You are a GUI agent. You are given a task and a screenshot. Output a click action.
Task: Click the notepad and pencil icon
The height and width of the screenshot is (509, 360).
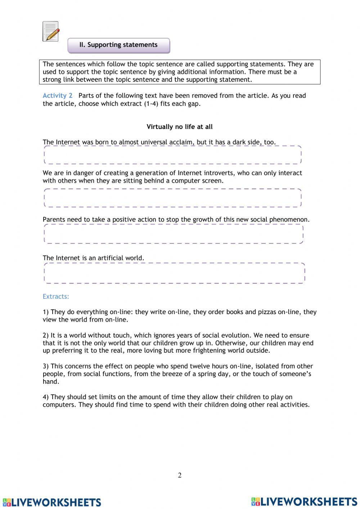click(51, 31)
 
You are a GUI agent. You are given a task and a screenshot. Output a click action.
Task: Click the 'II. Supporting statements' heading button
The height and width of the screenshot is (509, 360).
click(118, 45)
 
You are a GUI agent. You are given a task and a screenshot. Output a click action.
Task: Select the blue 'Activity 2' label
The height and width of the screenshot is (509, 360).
click(58, 95)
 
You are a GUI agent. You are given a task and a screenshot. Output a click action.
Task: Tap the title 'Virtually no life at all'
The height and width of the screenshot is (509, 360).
click(180, 127)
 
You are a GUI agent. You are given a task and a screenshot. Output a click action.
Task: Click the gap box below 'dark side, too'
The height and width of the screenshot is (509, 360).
click(172, 155)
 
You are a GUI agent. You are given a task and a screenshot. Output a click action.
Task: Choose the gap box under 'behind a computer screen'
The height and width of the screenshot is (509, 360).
click(172, 198)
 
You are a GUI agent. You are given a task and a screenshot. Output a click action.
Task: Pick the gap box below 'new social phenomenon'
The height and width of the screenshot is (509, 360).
click(173, 234)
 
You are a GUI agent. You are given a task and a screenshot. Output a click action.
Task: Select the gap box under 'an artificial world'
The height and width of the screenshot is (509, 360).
click(174, 273)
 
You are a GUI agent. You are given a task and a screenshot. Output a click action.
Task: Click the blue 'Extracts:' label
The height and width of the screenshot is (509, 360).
click(56, 296)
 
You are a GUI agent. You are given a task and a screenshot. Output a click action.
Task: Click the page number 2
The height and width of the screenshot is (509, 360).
click(180, 475)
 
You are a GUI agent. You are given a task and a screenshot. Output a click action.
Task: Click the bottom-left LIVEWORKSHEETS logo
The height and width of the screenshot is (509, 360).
click(52, 502)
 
